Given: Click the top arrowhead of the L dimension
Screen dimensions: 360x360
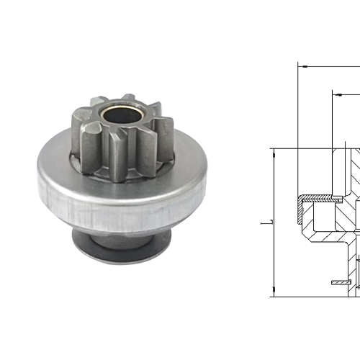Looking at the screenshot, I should point(273,152).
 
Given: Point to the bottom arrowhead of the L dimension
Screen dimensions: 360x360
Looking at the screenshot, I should point(273,292).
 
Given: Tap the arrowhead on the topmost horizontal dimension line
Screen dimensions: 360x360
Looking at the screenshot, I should point(302,66).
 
